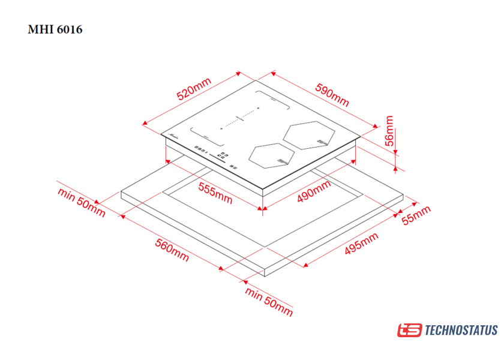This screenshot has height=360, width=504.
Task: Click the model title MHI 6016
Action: (55, 29)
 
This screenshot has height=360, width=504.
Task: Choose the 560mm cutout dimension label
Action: (172, 250)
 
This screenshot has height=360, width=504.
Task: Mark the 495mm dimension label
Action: (361, 245)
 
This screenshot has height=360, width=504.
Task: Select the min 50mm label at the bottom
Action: (269, 301)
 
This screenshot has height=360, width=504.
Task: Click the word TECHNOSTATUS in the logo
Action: (461, 330)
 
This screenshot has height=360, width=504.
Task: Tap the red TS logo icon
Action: (409, 330)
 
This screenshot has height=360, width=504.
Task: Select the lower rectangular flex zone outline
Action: (207, 137)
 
